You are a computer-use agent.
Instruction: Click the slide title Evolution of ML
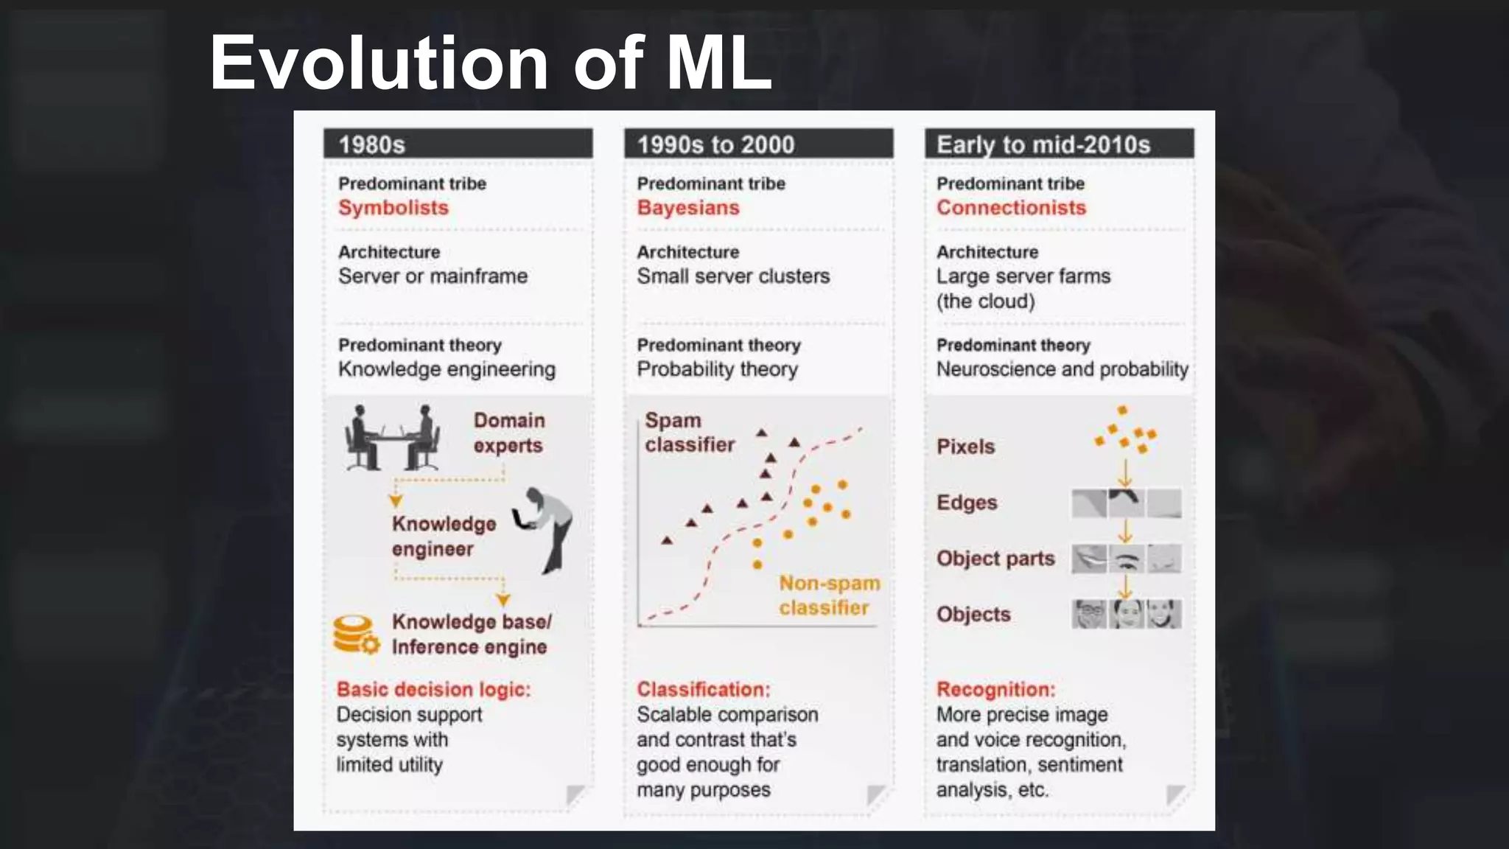pyautogui.click(x=490, y=63)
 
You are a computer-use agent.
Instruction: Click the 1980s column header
pyautogui.click(x=372, y=144)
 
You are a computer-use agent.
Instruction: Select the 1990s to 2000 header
pyautogui.click(x=715, y=144)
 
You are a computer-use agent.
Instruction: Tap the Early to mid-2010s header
pyautogui.click(x=1043, y=144)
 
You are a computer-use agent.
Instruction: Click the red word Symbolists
pyautogui.click(x=393, y=208)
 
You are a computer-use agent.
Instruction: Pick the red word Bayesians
pyautogui.click(x=687, y=208)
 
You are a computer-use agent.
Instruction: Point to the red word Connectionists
pyautogui.click(x=1010, y=208)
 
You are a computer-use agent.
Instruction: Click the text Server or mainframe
pyautogui.click(x=433, y=276)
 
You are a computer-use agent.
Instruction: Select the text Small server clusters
pyautogui.click(x=732, y=276)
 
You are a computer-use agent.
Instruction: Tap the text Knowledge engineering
pyautogui.click(x=446, y=369)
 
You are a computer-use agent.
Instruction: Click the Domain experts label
pyautogui.click(x=508, y=433)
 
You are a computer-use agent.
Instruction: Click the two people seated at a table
pyautogui.click(x=392, y=438)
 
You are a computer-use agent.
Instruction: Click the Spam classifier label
pyautogui.click(x=689, y=433)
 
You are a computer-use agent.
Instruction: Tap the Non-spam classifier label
pyautogui.click(x=828, y=595)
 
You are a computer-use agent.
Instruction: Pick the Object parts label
pyautogui.click(x=995, y=559)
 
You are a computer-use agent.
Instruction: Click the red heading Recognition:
pyautogui.click(x=995, y=689)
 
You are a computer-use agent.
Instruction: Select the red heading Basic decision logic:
pyautogui.click(x=433, y=689)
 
